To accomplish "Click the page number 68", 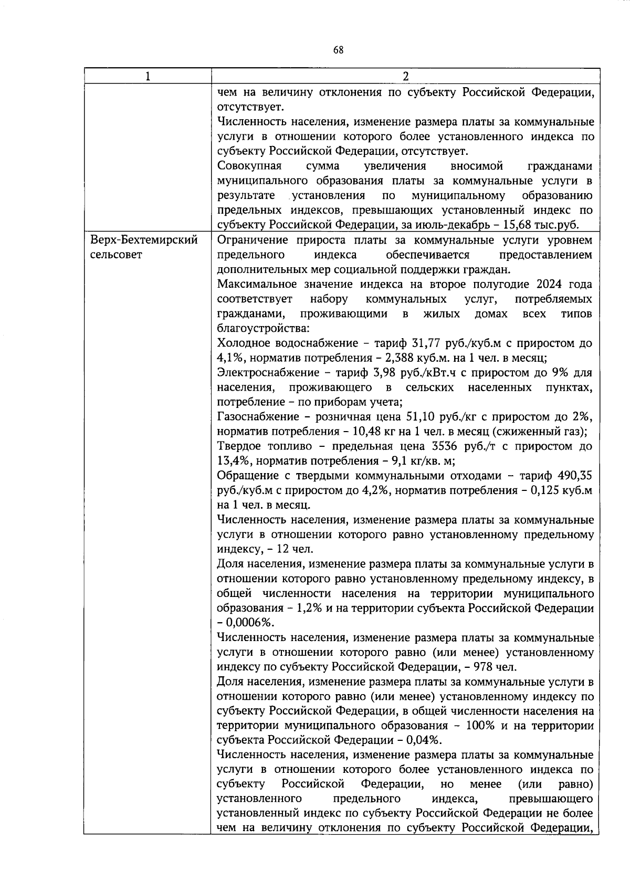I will click(x=338, y=50).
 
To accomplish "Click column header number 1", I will click(x=148, y=76).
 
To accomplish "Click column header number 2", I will click(x=405, y=76).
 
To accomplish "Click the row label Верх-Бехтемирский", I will click(x=144, y=240).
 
